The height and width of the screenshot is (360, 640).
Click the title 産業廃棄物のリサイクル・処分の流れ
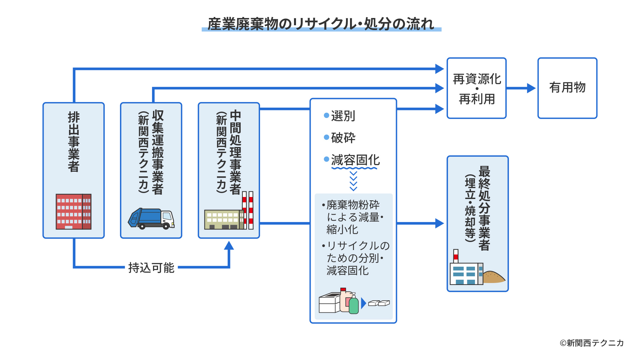(321, 24)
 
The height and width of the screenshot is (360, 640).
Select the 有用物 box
(567, 88)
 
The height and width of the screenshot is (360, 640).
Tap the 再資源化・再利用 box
(476, 88)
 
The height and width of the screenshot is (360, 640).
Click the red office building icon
(73, 212)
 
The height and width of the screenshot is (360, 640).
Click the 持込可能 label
(151, 268)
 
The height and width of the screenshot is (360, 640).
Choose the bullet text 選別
(343, 116)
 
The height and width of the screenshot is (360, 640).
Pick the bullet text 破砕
(343, 138)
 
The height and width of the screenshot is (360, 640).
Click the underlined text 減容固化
(355, 160)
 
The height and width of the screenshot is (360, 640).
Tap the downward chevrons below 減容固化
(353, 181)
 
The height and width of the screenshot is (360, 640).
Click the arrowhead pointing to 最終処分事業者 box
(439, 223)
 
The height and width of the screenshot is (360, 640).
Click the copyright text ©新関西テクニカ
(591, 343)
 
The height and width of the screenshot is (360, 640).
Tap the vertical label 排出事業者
(74, 142)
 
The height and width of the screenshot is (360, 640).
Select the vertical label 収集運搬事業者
(158, 152)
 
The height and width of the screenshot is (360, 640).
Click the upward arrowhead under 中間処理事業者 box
(229, 246)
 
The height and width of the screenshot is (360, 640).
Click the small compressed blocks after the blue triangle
(379, 303)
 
